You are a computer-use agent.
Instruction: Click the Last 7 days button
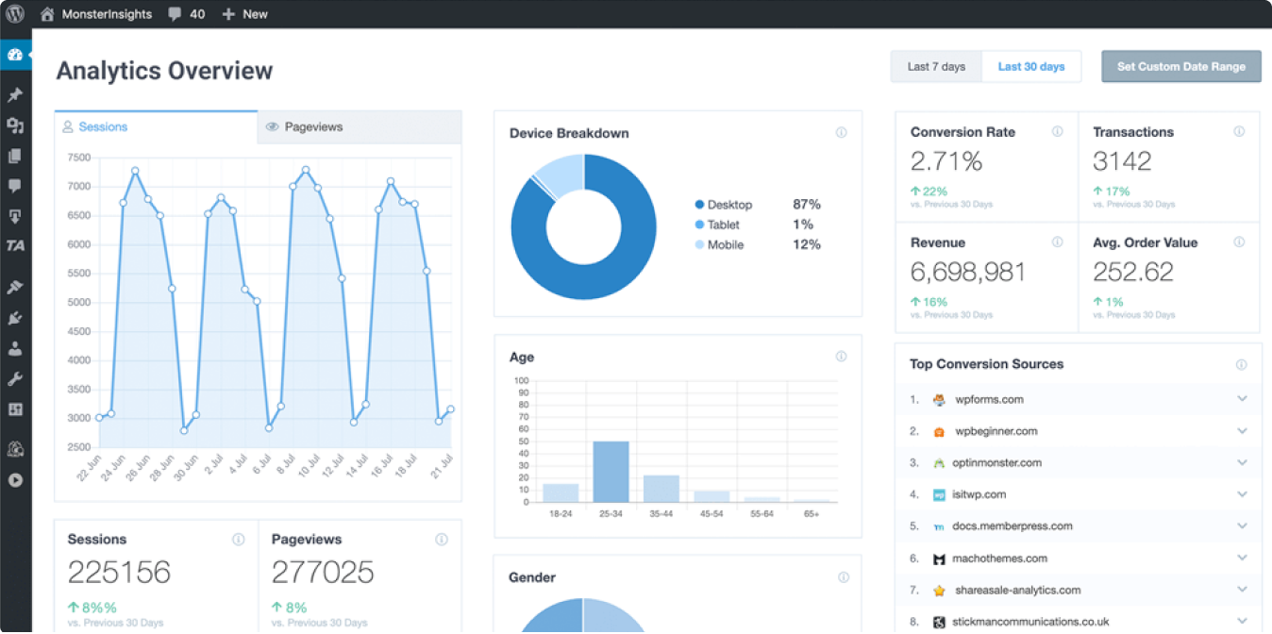(x=936, y=67)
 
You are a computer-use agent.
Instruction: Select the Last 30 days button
(x=1031, y=67)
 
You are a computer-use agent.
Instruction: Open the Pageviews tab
(x=313, y=126)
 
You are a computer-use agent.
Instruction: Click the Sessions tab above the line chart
(x=102, y=126)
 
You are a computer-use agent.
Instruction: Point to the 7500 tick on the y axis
(x=78, y=158)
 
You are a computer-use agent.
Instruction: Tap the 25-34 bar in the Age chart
(x=611, y=472)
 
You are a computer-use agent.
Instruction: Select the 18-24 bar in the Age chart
(x=561, y=492)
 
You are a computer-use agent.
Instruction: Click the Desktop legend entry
(x=728, y=205)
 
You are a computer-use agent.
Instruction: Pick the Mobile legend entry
(x=725, y=245)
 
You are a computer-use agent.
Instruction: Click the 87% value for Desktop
(x=807, y=205)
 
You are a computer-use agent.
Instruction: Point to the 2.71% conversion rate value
(x=946, y=161)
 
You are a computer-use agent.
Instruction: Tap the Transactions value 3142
(x=1122, y=161)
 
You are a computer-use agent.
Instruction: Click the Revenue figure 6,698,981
(x=968, y=272)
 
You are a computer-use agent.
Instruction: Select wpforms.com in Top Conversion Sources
(x=989, y=399)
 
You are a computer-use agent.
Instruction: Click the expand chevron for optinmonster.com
(x=1242, y=462)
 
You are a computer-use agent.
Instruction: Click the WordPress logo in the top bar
(x=15, y=14)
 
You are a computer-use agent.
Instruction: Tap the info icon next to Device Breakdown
(x=841, y=133)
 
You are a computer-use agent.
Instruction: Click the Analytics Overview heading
(x=164, y=71)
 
